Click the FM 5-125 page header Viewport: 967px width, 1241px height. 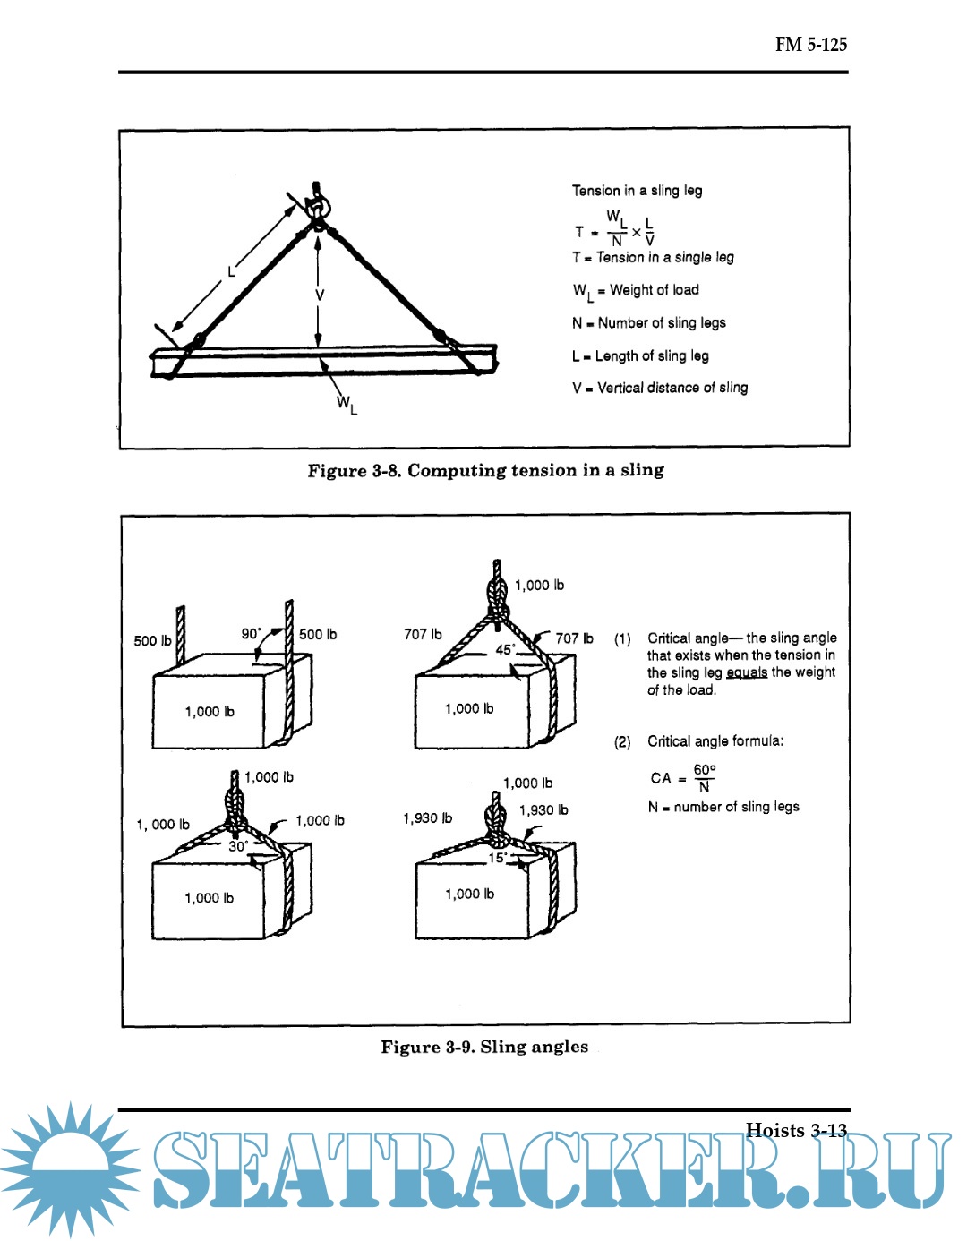click(810, 44)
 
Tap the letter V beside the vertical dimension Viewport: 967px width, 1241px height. click(320, 295)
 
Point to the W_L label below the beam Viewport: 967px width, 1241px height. click(347, 405)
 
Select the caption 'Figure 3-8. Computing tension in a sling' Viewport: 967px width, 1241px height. click(485, 470)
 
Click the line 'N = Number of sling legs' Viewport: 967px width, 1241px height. click(648, 322)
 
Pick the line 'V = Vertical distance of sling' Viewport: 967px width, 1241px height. click(660, 388)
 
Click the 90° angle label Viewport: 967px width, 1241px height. click(251, 633)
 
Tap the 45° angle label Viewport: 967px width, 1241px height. click(506, 649)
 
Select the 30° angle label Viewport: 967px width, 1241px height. click(238, 845)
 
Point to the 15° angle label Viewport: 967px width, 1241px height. click(498, 857)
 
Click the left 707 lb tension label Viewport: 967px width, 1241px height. click(423, 634)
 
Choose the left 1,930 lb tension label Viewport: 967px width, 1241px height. click(427, 818)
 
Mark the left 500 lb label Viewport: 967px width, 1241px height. click(152, 640)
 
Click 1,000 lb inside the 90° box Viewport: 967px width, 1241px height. click(210, 712)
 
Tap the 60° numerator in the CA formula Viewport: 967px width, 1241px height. click(705, 770)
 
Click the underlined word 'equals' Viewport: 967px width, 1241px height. click(746, 672)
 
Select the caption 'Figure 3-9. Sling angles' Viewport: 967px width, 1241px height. click(484, 1047)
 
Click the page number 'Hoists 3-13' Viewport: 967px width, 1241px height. click(796, 1130)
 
